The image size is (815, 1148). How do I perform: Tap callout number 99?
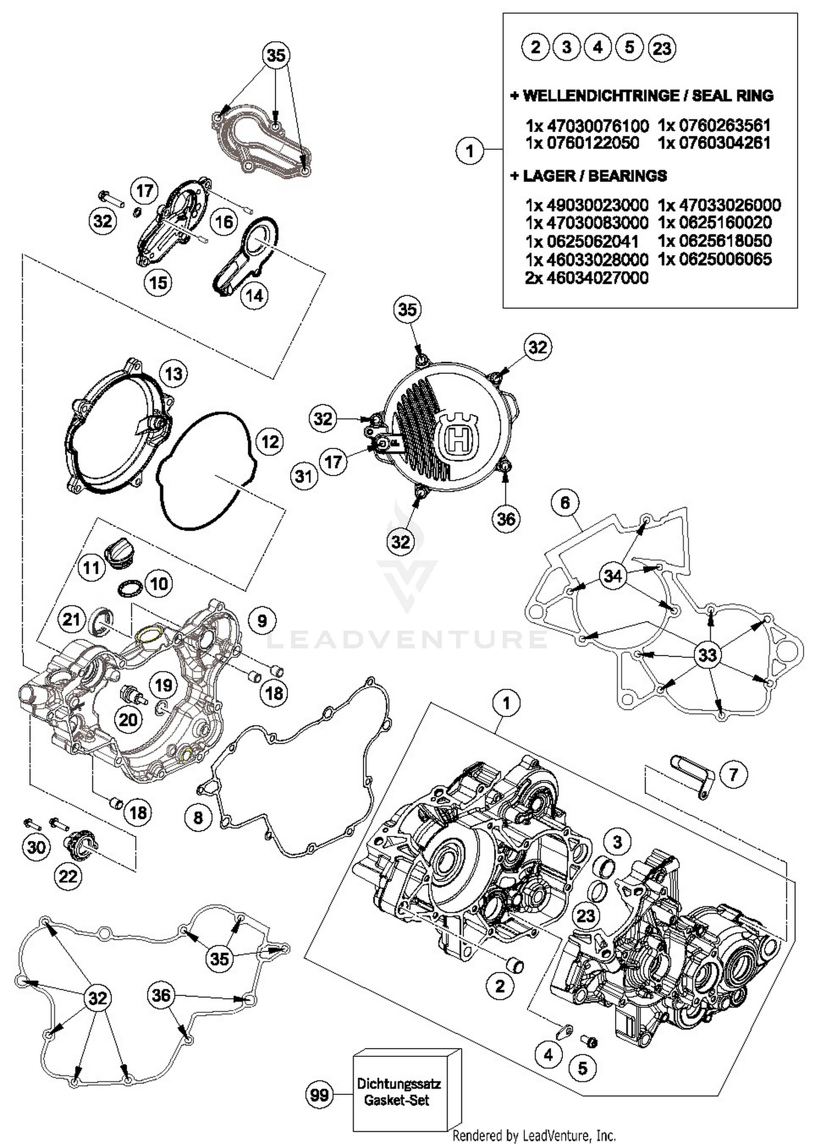coord(319,1094)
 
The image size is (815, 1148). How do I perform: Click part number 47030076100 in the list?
coord(597,126)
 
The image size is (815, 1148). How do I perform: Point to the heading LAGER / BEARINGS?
coord(588,176)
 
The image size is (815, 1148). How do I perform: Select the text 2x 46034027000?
coord(587,278)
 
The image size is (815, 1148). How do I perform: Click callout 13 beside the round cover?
coord(173,374)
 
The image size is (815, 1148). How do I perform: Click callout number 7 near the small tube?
coord(733,773)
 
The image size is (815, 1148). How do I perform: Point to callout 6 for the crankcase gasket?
coord(565,503)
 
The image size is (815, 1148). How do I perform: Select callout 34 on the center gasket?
coord(612,575)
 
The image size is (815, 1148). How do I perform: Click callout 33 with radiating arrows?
coord(707,655)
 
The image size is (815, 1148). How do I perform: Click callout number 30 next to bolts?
coord(36,847)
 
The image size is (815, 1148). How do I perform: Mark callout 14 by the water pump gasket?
coord(254,295)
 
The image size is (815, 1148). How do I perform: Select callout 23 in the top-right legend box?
coord(661,48)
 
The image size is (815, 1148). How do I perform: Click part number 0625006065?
coord(714,259)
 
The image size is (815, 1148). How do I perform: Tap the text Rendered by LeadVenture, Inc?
coord(534,1135)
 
